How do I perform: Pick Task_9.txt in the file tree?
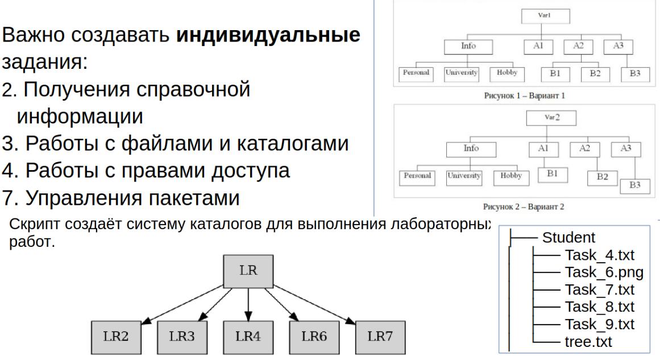599,326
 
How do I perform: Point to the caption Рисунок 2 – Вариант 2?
516,206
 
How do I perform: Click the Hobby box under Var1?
505,74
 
